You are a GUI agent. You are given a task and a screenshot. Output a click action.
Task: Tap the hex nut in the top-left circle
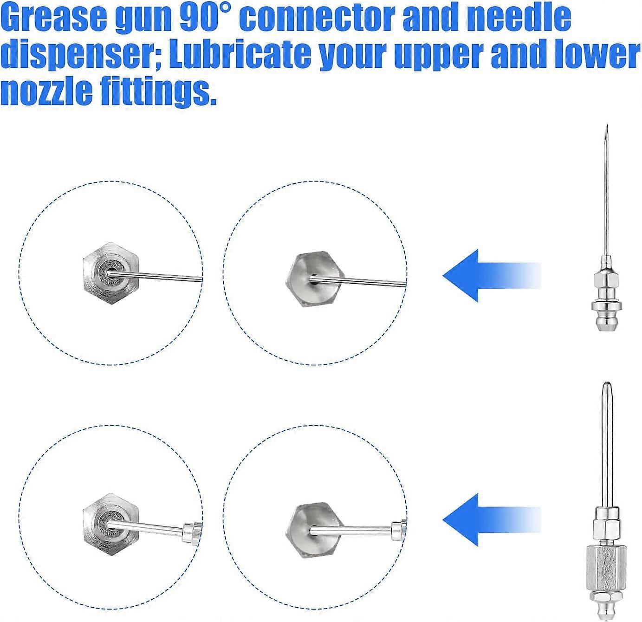(x=111, y=268)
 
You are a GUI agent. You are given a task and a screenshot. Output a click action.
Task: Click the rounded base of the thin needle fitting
(x=606, y=320)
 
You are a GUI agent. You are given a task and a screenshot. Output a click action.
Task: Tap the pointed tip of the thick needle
(x=606, y=385)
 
